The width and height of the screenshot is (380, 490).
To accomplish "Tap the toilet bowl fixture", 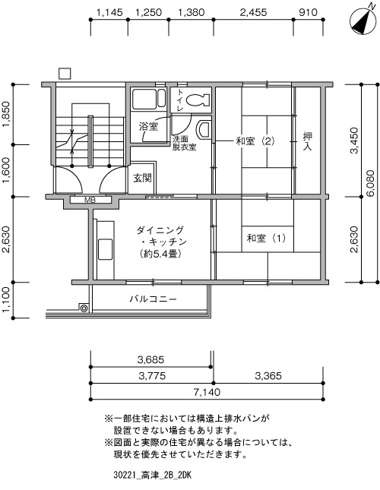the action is (x=198, y=100).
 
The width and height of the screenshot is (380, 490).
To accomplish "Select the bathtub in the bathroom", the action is (x=149, y=99).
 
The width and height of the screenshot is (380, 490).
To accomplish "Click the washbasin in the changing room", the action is (x=204, y=130).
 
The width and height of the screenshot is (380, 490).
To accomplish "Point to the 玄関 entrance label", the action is (x=142, y=178).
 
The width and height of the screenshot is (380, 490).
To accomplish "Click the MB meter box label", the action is (x=90, y=200).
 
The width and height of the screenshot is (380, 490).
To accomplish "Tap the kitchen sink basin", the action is (x=106, y=250).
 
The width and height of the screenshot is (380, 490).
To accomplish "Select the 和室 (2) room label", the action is (x=255, y=141).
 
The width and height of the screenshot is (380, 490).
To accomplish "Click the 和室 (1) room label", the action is (x=266, y=239).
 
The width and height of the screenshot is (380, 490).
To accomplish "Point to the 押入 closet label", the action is (x=308, y=141).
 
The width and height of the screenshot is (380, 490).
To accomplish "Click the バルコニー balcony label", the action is (x=153, y=299).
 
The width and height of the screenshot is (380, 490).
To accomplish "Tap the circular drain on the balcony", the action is (x=84, y=308).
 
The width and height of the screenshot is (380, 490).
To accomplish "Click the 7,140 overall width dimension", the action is (x=207, y=392).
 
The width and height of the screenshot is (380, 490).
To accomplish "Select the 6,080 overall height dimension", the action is (x=371, y=183).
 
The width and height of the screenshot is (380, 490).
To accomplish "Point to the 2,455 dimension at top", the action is (x=253, y=12).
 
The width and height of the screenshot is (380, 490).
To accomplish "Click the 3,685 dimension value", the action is (x=150, y=359).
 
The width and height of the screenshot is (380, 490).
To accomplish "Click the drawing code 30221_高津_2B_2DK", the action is (x=153, y=476).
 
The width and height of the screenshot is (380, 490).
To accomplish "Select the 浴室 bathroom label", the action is (x=148, y=127).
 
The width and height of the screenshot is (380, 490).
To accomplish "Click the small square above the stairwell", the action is (x=65, y=74).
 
